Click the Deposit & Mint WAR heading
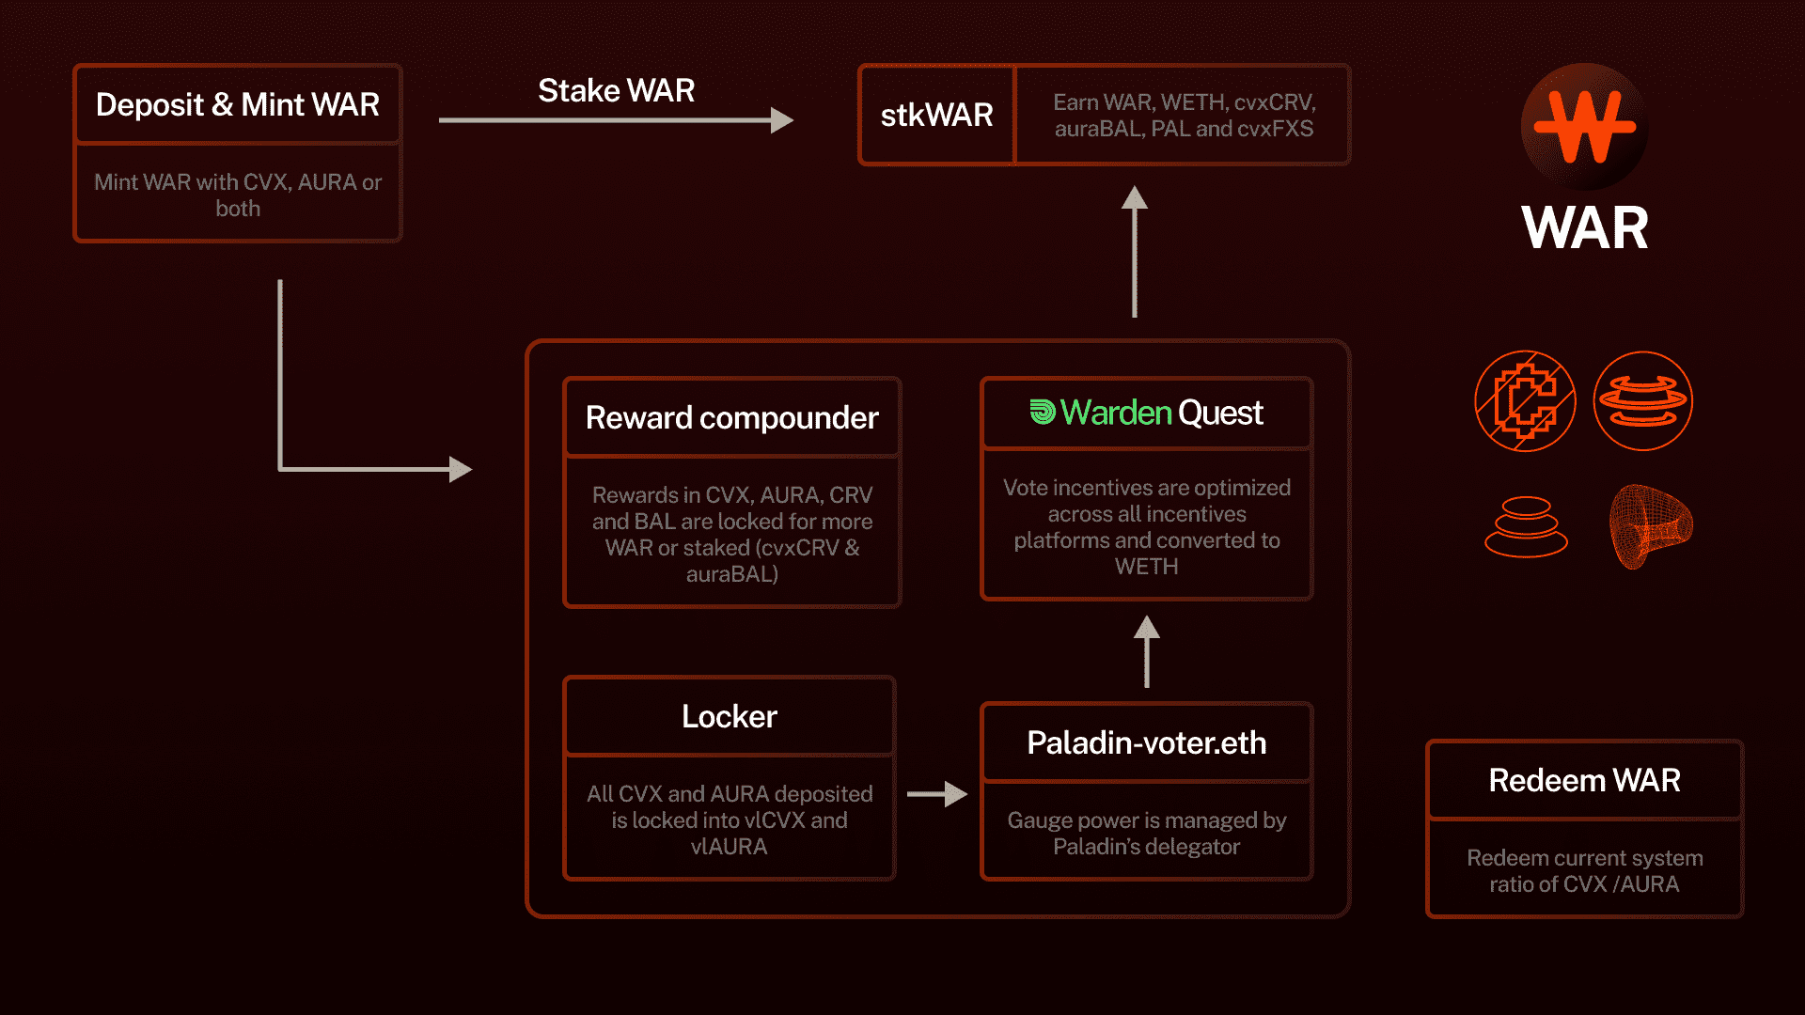click(238, 104)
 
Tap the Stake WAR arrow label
click(617, 90)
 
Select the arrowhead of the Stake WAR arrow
click(782, 120)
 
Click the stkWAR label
click(936, 115)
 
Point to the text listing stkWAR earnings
click(1184, 115)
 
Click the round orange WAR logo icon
click(1585, 127)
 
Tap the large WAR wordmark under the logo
click(1585, 227)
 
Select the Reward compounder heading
click(732, 417)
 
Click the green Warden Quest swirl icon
click(1043, 412)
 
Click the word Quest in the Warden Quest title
click(1220, 413)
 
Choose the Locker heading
click(730, 716)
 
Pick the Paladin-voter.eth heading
click(1147, 742)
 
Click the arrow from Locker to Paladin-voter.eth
click(937, 794)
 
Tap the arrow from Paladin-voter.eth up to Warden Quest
click(1147, 651)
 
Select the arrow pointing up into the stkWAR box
click(1135, 251)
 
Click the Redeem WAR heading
click(1585, 780)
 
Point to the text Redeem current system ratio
click(1585, 871)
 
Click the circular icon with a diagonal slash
click(1525, 401)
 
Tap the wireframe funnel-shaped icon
click(1651, 526)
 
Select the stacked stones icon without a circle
click(1526, 526)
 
